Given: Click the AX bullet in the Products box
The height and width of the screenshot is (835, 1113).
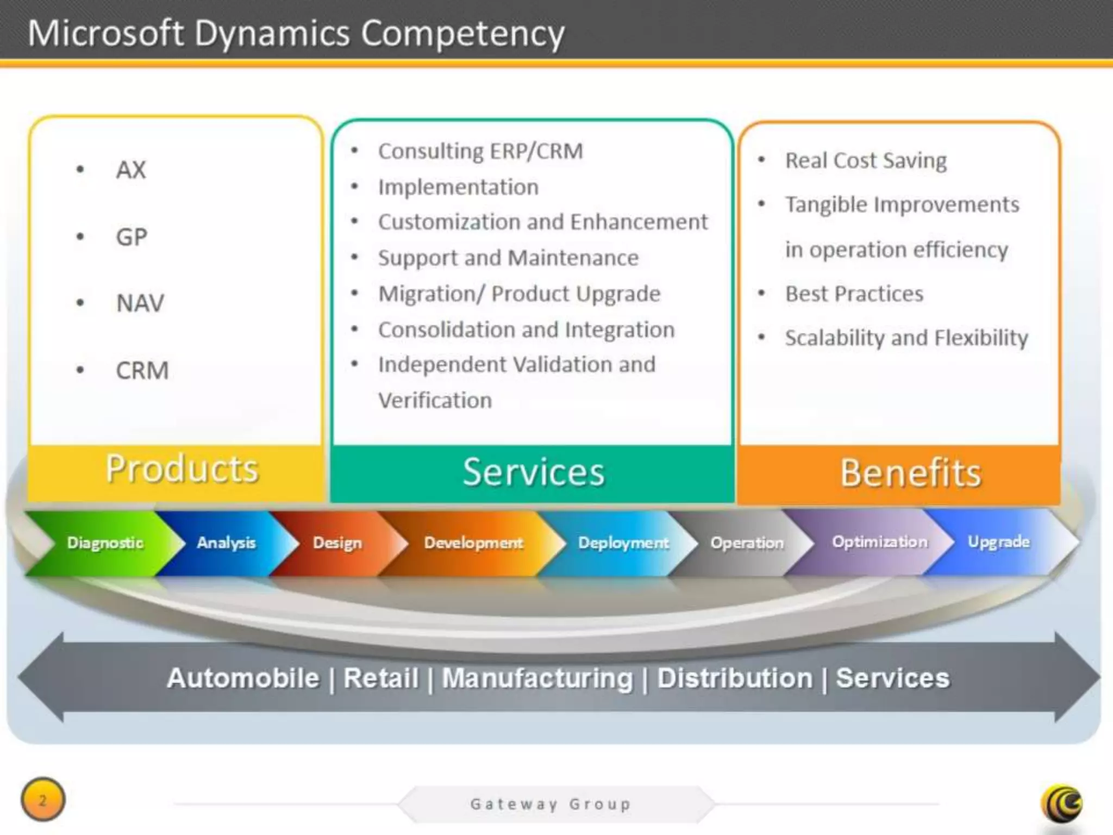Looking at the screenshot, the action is [130, 170].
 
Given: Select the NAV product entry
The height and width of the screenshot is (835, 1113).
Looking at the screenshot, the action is [140, 303].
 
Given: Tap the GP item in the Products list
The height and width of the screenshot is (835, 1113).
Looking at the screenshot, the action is [132, 237].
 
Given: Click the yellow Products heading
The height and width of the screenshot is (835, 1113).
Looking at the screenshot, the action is [182, 469].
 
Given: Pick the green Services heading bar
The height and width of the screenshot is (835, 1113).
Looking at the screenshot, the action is [533, 472].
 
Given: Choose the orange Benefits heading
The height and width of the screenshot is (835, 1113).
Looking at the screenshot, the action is [910, 473].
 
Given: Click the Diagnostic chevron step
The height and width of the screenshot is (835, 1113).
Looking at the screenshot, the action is [105, 543].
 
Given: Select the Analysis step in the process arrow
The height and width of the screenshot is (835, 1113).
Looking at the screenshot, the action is [226, 543].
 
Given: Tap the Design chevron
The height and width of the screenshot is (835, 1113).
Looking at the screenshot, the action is [337, 543].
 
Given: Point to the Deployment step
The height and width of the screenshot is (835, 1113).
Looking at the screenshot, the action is [623, 543].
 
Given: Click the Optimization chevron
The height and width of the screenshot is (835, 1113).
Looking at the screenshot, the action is [879, 542].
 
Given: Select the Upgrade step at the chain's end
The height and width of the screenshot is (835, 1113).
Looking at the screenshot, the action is [998, 542].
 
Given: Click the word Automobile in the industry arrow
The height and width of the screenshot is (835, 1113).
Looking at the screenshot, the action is [243, 678].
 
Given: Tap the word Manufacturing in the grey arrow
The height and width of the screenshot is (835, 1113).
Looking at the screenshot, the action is [537, 678].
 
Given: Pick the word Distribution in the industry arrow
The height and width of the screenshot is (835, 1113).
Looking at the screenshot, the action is [735, 678].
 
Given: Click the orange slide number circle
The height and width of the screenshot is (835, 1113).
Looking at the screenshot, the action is [43, 800].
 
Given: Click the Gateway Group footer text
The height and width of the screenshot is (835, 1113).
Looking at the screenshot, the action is [551, 804].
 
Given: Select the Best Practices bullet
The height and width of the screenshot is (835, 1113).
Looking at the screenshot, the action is [854, 294].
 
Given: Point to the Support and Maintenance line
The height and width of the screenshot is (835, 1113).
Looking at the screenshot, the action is [508, 258].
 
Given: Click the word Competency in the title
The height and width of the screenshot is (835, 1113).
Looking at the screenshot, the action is [462, 34].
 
